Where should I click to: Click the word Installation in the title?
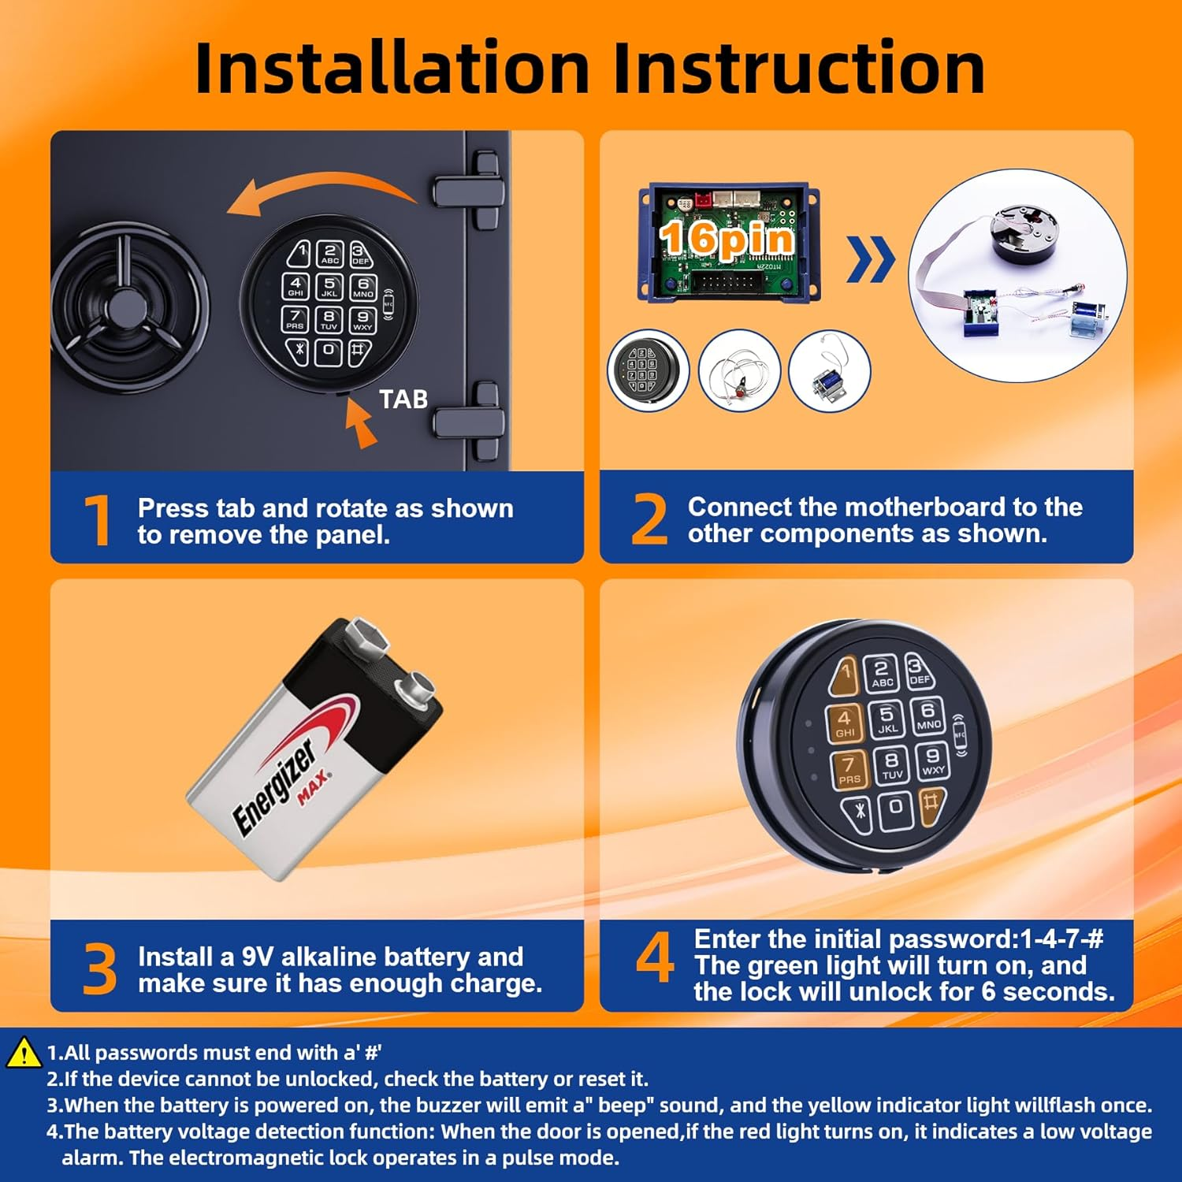tap(392, 68)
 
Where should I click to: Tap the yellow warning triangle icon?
tap(24, 1053)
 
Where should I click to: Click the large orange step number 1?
tap(98, 520)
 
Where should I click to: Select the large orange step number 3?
tap(99, 968)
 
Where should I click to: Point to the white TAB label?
tap(403, 400)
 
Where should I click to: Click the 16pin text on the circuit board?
tap(726, 239)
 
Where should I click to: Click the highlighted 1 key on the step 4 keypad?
tap(844, 676)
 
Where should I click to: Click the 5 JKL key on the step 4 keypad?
tap(886, 719)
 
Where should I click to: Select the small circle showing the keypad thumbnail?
tap(649, 370)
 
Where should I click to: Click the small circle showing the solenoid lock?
tap(830, 370)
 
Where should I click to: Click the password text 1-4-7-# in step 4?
tap(1061, 939)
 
